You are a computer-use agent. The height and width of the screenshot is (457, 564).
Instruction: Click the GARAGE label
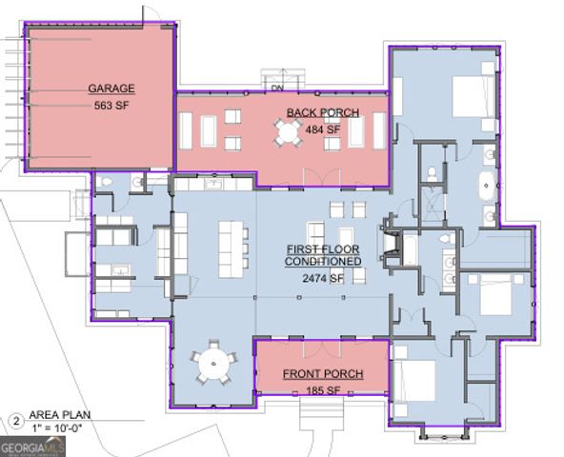(111, 89)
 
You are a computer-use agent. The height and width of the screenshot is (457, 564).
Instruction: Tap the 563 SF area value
(111, 106)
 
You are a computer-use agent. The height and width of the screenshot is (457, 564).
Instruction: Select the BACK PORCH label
(323, 112)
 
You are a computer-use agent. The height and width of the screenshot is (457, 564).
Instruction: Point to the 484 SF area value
(322, 129)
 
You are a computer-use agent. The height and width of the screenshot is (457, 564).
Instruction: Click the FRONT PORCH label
(323, 374)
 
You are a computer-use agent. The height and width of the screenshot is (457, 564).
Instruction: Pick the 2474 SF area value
(323, 278)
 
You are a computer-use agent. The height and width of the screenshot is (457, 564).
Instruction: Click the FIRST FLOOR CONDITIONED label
(323, 255)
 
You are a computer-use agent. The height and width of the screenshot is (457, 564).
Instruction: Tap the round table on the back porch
(288, 133)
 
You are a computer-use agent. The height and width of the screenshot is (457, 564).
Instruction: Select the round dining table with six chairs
(213, 363)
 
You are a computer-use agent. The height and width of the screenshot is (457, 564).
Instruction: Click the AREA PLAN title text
(60, 414)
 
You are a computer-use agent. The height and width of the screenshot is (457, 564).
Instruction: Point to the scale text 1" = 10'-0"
(57, 428)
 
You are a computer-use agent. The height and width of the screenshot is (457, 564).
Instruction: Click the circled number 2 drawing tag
(16, 421)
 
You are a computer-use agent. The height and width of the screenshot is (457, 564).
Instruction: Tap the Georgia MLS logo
(32, 447)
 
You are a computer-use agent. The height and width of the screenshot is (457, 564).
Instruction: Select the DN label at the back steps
(277, 88)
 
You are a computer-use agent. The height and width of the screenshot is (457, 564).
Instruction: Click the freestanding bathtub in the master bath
(486, 186)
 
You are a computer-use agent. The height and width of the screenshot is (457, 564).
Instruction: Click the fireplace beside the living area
(391, 242)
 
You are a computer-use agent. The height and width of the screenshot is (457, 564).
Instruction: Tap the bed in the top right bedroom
(473, 96)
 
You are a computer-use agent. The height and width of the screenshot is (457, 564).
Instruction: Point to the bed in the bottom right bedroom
(414, 381)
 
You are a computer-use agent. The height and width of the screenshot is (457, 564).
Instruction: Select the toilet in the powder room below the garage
(107, 182)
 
